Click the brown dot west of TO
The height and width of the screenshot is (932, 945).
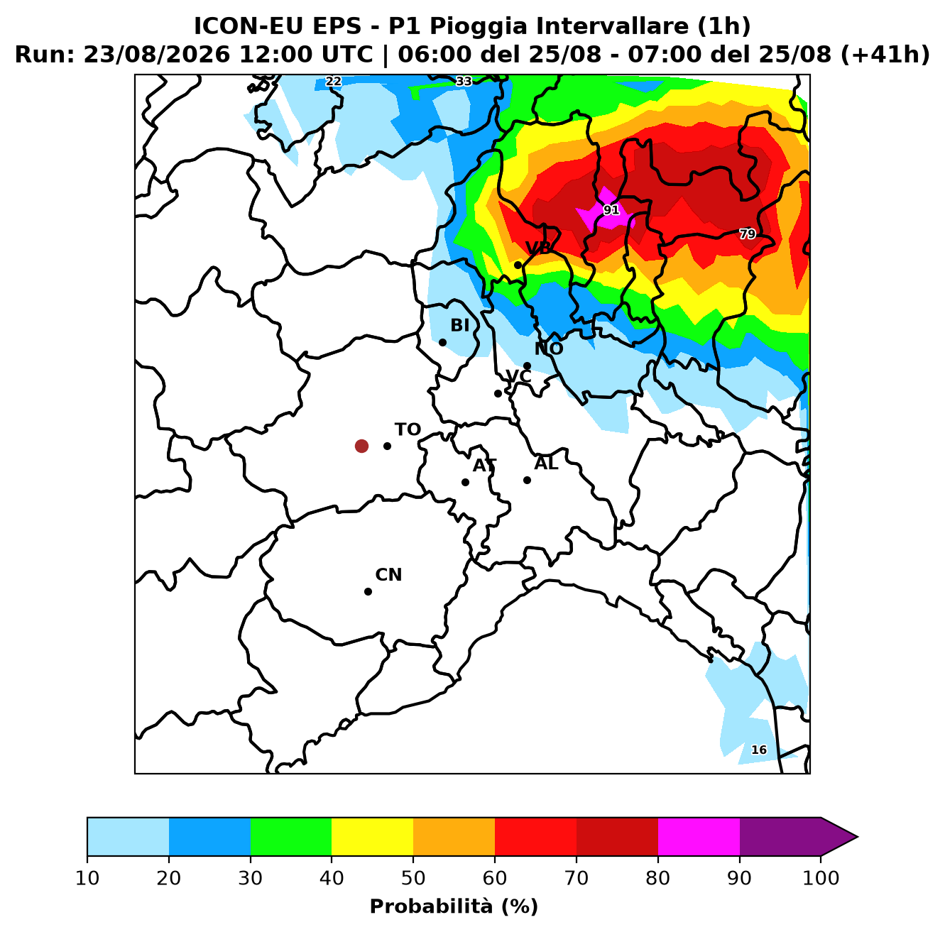click(361, 446)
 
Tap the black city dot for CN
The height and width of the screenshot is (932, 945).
click(368, 591)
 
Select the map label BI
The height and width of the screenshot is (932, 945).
click(459, 325)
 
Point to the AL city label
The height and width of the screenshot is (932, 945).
click(546, 464)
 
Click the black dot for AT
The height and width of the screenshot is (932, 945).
click(465, 482)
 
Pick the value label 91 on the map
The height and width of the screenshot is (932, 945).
click(611, 210)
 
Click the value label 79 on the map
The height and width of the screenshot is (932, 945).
click(748, 234)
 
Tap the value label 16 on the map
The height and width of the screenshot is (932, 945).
click(759, 750)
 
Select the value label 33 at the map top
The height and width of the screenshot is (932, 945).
click(464, 81)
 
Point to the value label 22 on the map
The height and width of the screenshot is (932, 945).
click(334, 81)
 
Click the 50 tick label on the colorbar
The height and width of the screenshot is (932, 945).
click(413, 877)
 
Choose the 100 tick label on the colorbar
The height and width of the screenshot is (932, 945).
click(821, 877)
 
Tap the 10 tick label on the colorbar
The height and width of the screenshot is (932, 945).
click(87, 877)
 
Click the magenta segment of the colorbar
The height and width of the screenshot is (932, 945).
click(699, 836)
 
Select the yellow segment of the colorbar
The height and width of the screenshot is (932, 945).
click(372, 836)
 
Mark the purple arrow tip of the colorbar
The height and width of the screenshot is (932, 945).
click(857, 836)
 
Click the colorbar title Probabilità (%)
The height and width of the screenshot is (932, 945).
click(454, 906)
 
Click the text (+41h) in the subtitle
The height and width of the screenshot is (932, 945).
click(885, 55)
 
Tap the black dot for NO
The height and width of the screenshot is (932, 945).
click(527, 366)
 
